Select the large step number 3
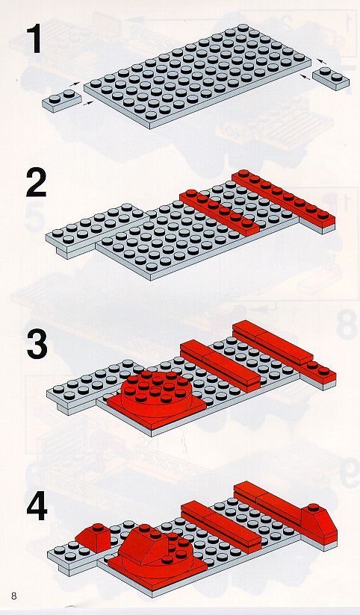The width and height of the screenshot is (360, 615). [37, 344]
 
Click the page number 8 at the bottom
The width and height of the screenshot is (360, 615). [14, 596]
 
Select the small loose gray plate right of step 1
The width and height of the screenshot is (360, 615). [331, 78]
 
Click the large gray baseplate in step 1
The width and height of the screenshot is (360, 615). [197, 75]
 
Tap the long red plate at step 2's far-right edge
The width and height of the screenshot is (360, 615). [284, 200]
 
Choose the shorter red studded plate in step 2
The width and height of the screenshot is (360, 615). [220, 212]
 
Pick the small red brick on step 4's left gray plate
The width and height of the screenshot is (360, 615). [94, 537]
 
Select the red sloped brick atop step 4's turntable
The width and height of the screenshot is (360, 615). [143, 545]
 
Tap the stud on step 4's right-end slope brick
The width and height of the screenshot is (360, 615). [313, 507]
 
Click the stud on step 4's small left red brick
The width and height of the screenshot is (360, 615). [97, 527]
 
